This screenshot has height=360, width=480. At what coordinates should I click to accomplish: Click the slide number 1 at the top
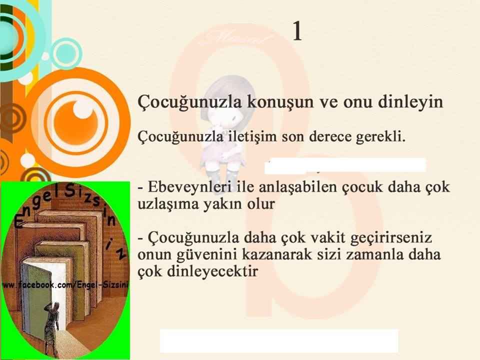coord(297,31)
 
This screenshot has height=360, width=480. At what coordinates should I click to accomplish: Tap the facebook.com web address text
coord(65,285)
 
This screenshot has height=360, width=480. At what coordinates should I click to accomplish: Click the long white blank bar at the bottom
coord(279,340)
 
